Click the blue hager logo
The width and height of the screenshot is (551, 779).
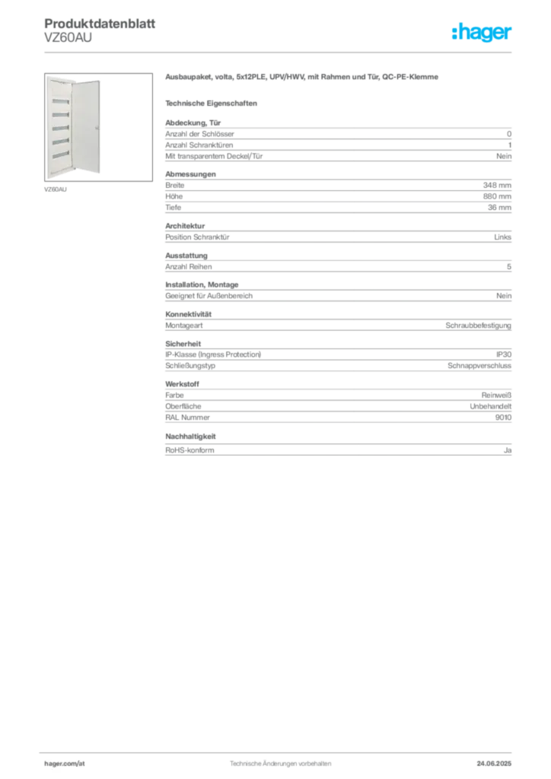pos(483,33)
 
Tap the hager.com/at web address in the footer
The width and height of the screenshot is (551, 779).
pos(66,762)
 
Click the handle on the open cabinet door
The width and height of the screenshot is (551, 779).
pos(97,128)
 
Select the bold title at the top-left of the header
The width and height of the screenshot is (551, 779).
pos(100,24)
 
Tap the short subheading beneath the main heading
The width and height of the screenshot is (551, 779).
pos(213,102)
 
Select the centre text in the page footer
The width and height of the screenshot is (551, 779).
pos(280,760)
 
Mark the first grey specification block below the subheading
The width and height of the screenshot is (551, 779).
pos(337,141)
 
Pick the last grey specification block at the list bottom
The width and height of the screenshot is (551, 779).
pos(337,445)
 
